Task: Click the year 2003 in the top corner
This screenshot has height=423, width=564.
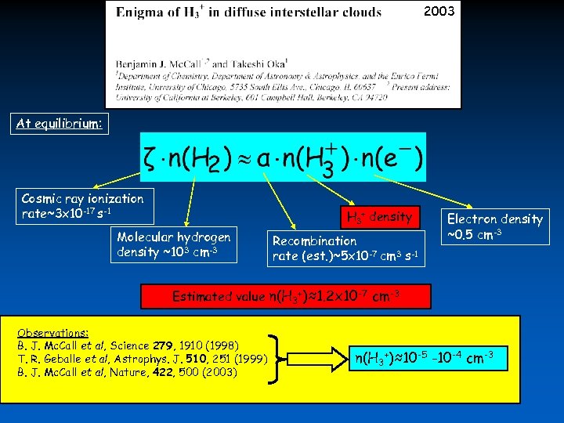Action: [x=439, y=11]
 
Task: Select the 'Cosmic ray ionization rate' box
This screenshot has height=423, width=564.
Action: [x=82, y=207]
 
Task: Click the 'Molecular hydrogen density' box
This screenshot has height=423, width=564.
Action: [x=174, y=244]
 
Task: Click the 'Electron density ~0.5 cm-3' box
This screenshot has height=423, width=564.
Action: [x=494, y=226]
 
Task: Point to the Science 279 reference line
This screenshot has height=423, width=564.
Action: [x=128, y=345]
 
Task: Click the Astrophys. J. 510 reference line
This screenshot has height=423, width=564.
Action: [x=142, y=359]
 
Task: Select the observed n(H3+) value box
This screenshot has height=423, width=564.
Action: [x=424, y=359]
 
